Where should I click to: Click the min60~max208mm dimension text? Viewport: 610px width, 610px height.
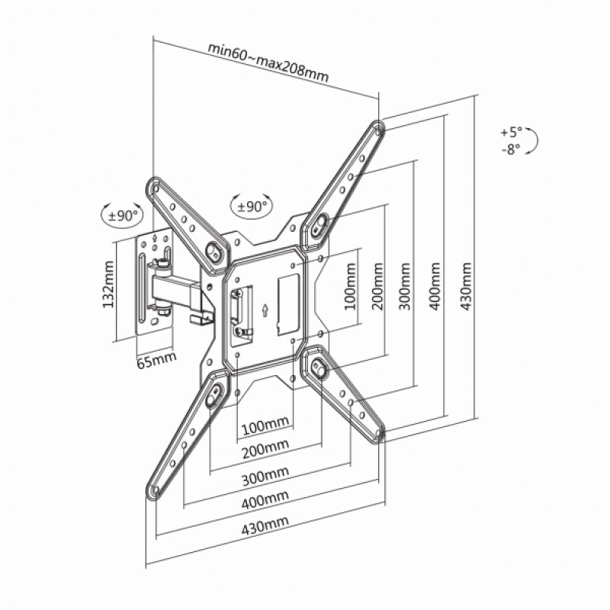[x=268, y=62]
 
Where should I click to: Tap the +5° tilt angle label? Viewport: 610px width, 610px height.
[x=511, y=132]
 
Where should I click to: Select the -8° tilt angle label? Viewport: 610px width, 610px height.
[x=511, y=149]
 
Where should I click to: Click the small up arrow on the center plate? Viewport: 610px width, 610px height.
[x=265, y=310]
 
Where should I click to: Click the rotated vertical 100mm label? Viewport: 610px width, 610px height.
[x=349, y=287]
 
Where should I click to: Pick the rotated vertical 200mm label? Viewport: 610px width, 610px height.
[x=377, y=287]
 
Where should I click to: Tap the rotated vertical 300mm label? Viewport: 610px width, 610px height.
[x=405, y=287]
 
